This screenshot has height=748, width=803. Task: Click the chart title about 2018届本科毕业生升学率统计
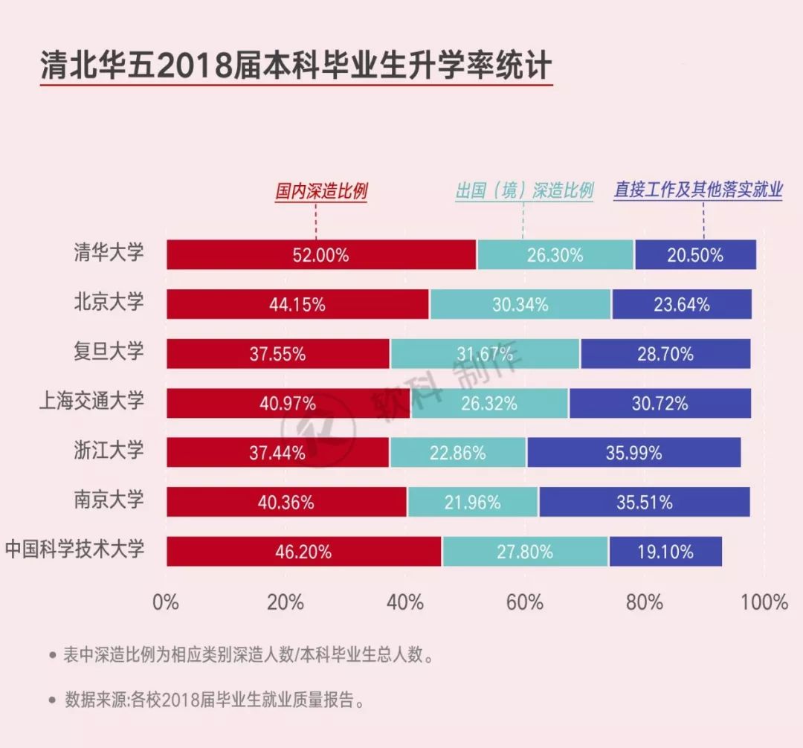295,66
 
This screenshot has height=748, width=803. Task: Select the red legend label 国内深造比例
321,191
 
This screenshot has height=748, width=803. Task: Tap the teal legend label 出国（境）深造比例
524,191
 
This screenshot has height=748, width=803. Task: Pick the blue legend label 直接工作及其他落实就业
697,190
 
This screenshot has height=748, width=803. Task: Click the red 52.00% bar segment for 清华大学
321,255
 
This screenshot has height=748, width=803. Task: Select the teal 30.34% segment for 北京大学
520,304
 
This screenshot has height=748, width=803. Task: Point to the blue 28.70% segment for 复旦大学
665,354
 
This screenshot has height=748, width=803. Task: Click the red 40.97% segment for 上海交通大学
288,403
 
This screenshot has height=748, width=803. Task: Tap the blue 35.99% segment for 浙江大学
633,452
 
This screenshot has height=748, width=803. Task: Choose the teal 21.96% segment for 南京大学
473,502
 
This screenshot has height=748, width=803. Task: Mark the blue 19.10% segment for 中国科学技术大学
665,552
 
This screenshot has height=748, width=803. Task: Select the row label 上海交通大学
91,402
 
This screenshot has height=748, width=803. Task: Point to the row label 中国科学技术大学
74,550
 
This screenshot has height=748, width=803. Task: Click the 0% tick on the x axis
166,602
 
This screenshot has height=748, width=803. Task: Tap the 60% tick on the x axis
525,602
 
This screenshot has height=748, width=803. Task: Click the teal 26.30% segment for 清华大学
555,255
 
